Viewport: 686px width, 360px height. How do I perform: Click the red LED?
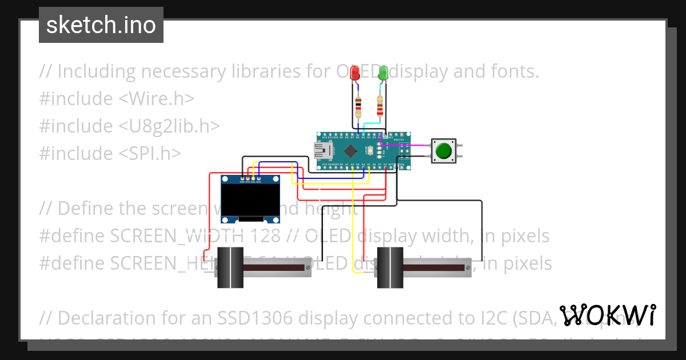tap(355, 73)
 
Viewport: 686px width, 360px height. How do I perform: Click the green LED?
tap(383, 73)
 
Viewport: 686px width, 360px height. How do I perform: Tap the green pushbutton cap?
tap(443, 151)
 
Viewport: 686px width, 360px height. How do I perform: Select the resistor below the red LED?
tap(358, 106)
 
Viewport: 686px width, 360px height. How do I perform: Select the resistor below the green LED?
tap(380, 106)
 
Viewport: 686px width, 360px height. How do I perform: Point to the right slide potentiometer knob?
tap(389, 267)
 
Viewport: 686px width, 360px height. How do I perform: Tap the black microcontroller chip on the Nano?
tap(351, 151)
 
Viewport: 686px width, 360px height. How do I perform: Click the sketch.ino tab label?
tap(101, 25)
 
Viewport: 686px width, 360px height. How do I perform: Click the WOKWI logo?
tap(608, 315)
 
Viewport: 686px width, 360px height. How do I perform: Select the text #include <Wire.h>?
tap(117, 99)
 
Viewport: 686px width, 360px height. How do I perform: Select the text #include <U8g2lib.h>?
tap(129, 126)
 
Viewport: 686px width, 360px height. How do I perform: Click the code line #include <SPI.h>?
tap(110, 153)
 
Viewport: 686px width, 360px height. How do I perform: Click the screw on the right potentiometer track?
tap(468, 267)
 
